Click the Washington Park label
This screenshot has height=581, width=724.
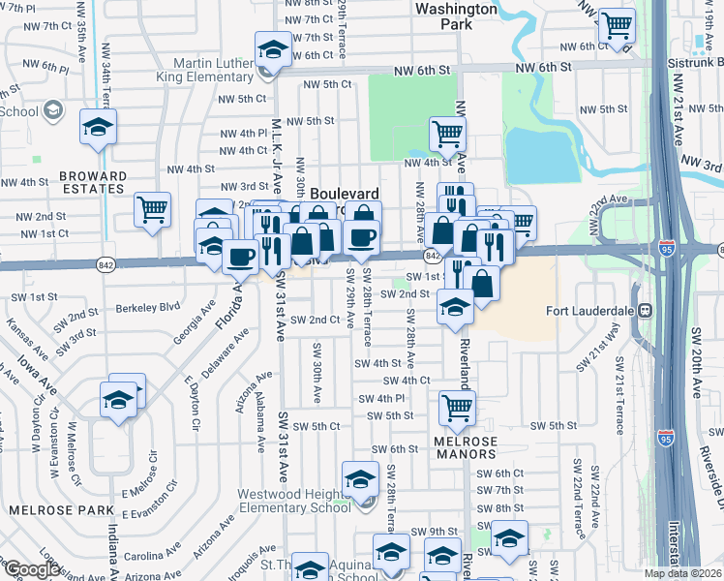coord(455,15)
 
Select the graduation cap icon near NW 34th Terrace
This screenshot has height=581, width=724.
coord(97,127)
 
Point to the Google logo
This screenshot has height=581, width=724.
coord(31,569)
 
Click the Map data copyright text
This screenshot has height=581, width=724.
coord(683,573)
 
